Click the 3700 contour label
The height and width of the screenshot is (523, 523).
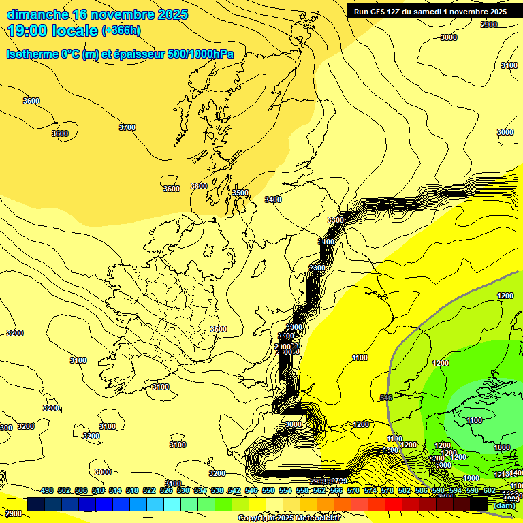tap(127, 127)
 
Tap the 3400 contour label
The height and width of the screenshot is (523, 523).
tap(273, 200)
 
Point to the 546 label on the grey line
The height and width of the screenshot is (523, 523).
tap(386, 398)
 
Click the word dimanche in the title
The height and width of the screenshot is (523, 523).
tap(38, 14)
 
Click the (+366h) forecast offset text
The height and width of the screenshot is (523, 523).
tap(121, 31)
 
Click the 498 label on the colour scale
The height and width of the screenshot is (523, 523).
tap(47, 490)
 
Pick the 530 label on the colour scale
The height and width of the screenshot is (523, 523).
tap(183, 490)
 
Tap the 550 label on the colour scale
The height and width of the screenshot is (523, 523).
tap(268, 490)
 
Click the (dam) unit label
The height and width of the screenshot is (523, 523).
tap(505, 505)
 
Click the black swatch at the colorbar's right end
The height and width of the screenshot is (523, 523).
tap(479, 505)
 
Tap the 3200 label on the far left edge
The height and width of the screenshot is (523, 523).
tap(14, 333)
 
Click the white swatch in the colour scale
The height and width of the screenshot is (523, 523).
tap(274, 505)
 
